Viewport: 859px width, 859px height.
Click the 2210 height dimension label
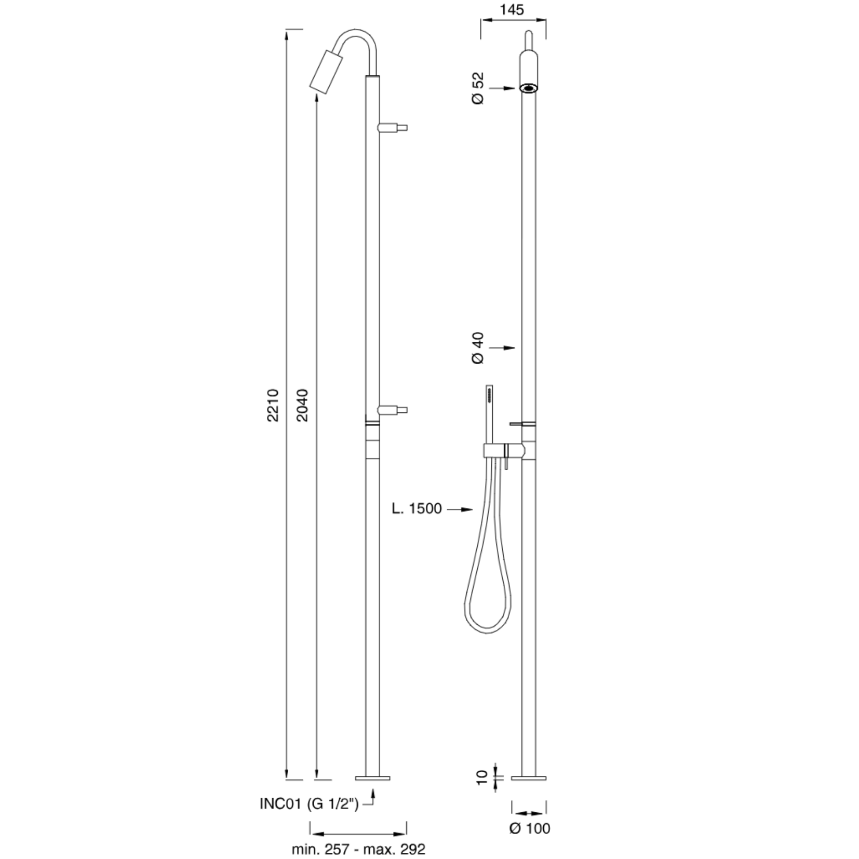[273, 405]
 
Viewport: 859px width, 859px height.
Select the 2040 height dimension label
[302, 405]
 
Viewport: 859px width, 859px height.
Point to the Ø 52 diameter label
[478, 88]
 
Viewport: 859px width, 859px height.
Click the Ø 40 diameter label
[478, 347]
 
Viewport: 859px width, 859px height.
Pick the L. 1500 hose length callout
[417, 508]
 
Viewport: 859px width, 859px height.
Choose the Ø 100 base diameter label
[529, 828]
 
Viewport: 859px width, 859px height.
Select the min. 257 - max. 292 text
[358, 849]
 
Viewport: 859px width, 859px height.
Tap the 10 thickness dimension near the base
[482, 777]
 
